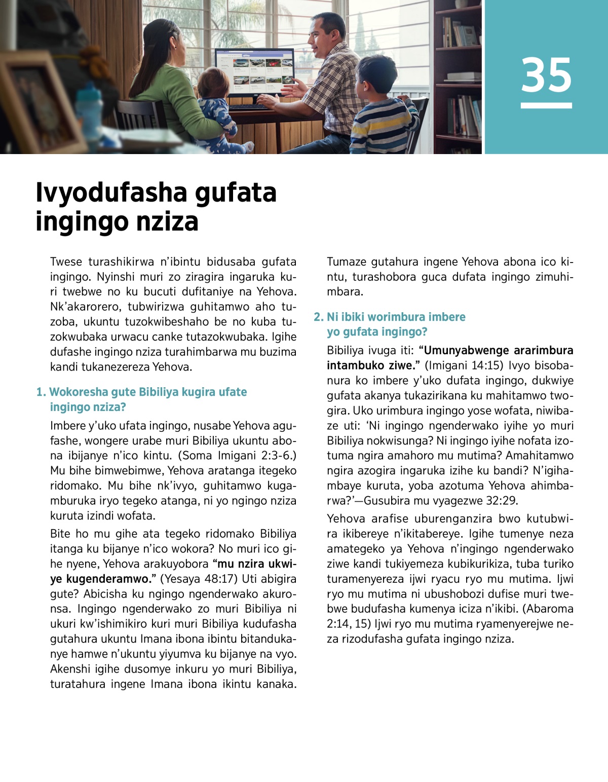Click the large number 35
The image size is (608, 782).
546,76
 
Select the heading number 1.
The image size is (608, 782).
41,392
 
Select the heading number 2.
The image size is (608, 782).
318,317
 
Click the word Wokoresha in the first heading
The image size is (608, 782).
78,392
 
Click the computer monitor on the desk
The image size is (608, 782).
254,71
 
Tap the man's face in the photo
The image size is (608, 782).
321,38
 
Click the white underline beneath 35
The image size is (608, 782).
546,105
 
